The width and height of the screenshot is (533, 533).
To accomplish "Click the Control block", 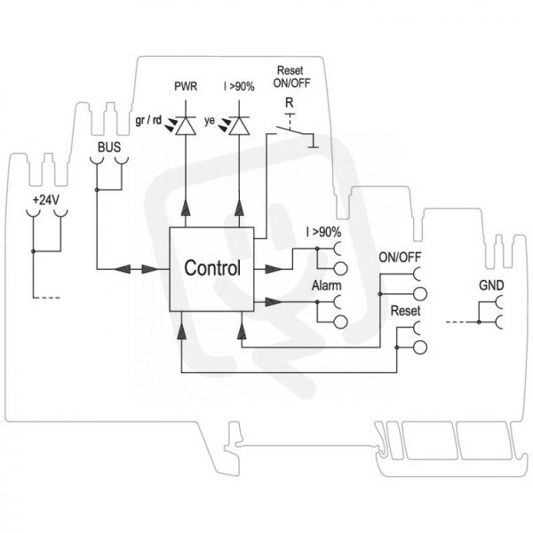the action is click(211, 269).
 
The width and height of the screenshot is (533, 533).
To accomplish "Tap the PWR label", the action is click(186, 86).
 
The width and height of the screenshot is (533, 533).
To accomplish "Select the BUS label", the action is click(109, 147).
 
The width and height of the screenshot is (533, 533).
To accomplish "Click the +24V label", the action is click(46, 200).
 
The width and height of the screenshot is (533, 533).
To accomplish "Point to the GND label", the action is click(491, 285).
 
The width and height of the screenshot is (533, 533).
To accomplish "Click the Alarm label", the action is click(326, 285).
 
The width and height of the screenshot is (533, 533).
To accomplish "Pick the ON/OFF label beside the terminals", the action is click(400, 258).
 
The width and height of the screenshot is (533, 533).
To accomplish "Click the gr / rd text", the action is click(148, 120).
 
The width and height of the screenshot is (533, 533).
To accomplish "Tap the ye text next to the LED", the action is click(210, 120).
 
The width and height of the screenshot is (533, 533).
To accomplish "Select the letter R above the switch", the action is click(290, 102).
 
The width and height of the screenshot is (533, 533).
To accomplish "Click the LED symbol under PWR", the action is click(186, 125).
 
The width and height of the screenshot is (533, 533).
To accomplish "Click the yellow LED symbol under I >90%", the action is click(239, 125).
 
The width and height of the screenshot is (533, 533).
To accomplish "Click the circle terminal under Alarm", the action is click(340, 322).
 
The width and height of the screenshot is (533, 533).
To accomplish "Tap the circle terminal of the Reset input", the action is click(420, 347).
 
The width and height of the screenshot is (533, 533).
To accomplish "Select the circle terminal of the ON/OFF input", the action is click(420, 294).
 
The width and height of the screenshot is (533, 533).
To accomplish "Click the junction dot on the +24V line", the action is click(34, 251).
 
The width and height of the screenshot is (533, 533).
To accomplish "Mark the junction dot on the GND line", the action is click(479, 322).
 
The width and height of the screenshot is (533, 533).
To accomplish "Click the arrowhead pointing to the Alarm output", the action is click(274, 301).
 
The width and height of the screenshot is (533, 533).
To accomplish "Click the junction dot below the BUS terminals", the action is click(97, 189).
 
